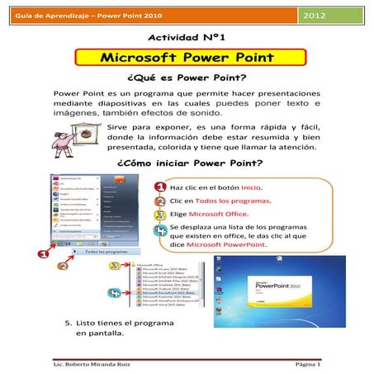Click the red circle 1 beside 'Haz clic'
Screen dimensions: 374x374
[158, 188]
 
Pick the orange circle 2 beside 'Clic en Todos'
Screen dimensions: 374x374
[158, 201]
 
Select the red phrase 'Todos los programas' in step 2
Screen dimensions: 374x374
[234, 201]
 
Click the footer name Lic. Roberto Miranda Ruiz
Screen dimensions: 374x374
[95, 364]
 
